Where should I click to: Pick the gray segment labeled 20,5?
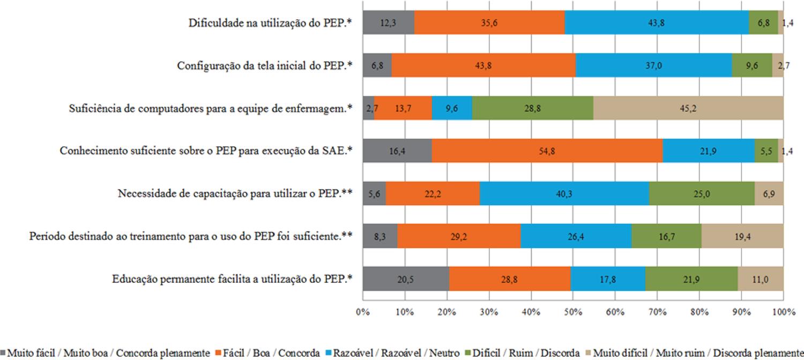click(406, 279)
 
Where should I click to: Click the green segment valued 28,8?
click(532, 108)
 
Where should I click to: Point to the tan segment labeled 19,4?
click(742, 236)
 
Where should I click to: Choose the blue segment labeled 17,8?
click(608, 279)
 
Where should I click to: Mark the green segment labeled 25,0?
click(702, 194)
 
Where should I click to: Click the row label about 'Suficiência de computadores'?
click(211, 108)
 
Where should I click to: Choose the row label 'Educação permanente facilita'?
click(232, 279)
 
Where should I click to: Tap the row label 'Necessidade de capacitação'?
click(234, 194)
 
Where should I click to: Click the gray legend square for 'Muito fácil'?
click(4, 352)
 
